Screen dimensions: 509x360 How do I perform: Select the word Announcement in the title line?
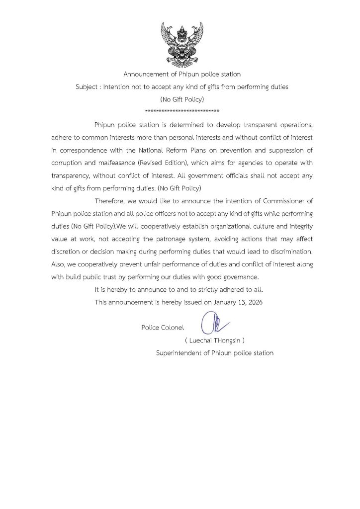(146, 74)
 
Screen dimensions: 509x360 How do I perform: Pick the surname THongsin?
(229, 340)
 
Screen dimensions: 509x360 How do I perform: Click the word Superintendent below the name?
(179, 353)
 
